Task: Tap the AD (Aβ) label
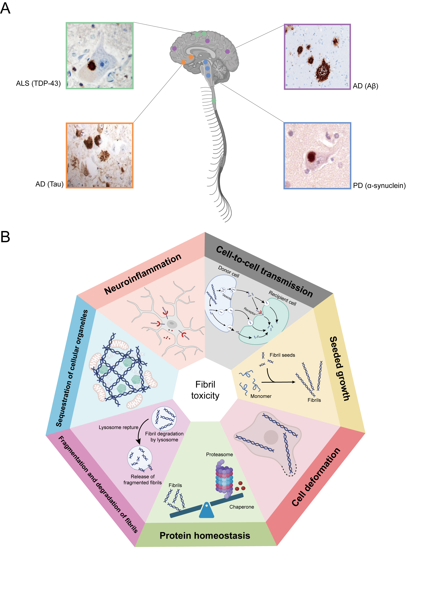(x=365, y=86)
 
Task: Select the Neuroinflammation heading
(x=143, y=274)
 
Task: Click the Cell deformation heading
(x=316, y=477)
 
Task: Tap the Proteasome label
(x=219, y=454)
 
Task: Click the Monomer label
(x=261, y=396)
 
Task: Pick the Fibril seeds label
(x=282, y=355)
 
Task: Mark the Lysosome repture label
(x=119, y=427)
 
